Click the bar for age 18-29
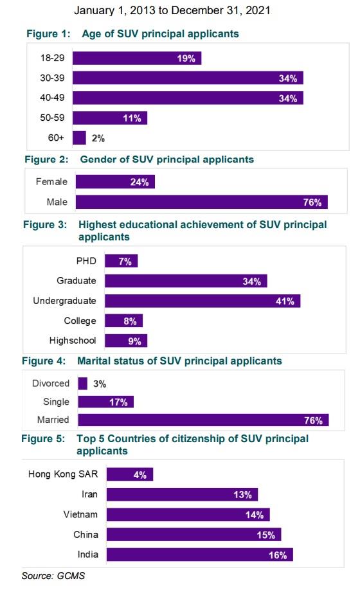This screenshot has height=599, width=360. [137, 58]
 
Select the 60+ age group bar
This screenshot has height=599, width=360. [79, 138]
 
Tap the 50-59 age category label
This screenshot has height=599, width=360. [51, 118]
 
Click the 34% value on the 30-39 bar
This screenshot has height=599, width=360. [287, 78]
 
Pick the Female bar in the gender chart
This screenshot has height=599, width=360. [115, 182]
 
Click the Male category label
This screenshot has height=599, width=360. [57, 202]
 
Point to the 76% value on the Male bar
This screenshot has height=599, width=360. [312, 202]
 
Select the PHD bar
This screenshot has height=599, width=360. [121, 261]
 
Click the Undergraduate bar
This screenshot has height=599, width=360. [203, 301]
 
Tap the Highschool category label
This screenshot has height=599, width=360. [73, 341]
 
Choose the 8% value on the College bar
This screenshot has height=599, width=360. [130, 321]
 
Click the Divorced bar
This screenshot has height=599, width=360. [82, 384]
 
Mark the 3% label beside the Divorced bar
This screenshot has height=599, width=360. [99, 384]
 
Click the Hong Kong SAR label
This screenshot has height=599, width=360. [62, 474]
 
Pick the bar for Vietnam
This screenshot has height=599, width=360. [188, 515]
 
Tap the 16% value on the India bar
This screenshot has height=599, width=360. [278, 555]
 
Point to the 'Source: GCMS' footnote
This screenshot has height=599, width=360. [53, 576]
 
